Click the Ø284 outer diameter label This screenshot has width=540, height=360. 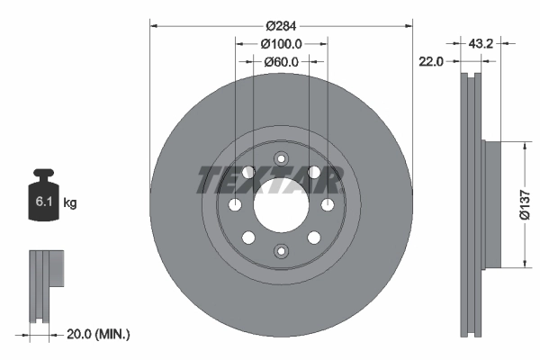pyautogui.click(x=281, y=25)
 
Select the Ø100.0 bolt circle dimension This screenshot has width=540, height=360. pyautogui.click(x=281, y=44)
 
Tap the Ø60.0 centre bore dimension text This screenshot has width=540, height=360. pyautogui.click(x=281, y=61)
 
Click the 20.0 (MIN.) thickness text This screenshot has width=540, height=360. pyautogui.click(x=99, y=334)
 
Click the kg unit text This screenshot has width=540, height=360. pyautogui.click(x=70, y=203)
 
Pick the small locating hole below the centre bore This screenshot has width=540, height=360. pyautogui.click(x=281, y=253)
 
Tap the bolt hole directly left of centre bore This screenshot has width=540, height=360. pyautogui.click(x=235, y=204)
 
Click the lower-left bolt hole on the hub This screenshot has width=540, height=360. pyautogui.click(x=247, y=238)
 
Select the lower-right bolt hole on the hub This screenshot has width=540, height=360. pyautogui.click(x=314, y=238)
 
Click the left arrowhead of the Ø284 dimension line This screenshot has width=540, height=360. pyautogui.click(x=153, y=25)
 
